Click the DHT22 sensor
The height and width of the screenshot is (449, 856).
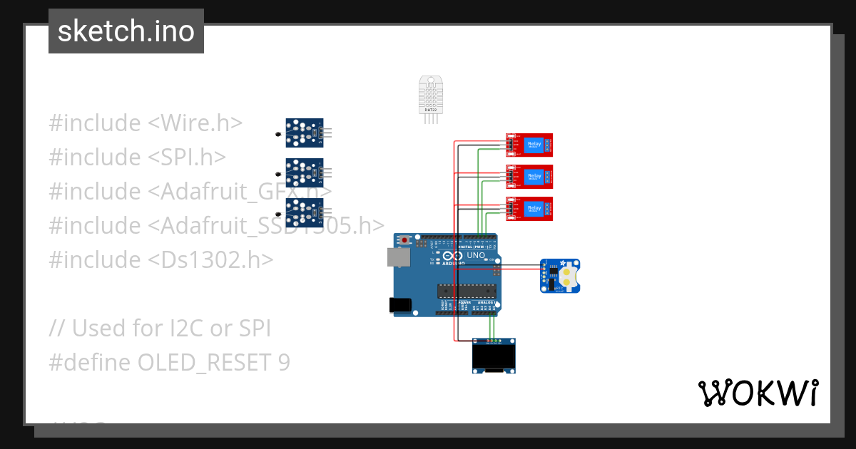(x=430, y=96)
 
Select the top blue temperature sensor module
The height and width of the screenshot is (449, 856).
(x=304, y=132)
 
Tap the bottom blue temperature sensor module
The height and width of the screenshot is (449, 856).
(x=304, y=212)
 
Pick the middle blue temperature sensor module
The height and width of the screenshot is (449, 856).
(x=304, y=172)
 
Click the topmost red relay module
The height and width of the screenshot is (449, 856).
(x=530, y=145)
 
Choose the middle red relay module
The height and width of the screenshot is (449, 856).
(x=530, y=176)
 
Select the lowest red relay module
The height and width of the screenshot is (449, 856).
(x=530, y=207)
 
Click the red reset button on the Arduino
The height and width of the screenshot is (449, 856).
(x=406, y=239)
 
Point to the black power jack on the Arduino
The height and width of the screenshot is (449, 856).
(x=401, y=305)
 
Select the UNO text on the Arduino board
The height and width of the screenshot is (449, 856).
(x=476, y=255)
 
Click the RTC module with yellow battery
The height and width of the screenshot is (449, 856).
(x=560, y=276)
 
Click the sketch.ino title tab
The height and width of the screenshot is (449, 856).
(x=126, y=31)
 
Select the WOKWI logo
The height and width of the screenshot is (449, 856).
(x=758, y=393)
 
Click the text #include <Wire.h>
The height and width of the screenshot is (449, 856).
(x=146, y=123)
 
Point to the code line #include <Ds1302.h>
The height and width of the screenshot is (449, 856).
(x=160, y=259)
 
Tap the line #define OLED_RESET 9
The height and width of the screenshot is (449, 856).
(x=170, y=362)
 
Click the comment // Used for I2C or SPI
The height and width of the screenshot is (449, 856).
(x=160, y=328)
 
